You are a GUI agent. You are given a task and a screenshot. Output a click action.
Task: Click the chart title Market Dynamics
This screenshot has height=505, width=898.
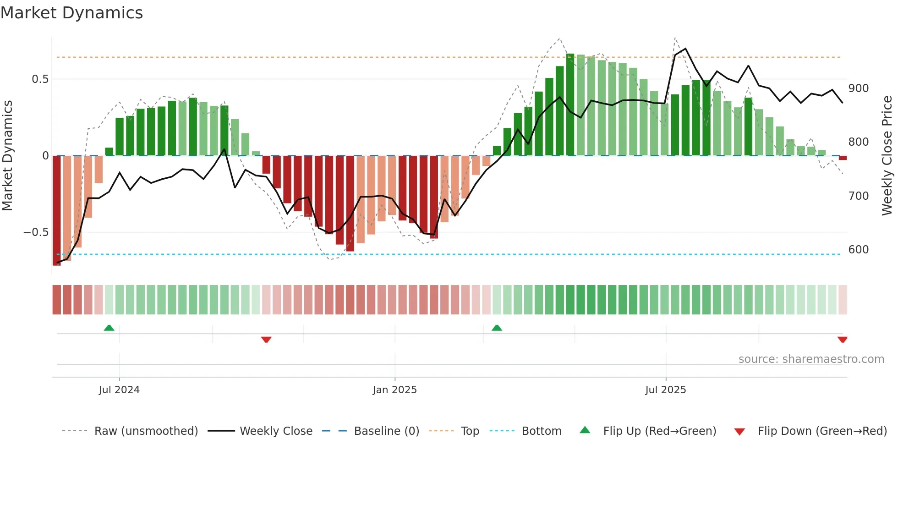pyautogui.click(x=71, y=13)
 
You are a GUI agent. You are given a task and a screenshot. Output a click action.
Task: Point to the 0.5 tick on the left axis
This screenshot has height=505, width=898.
pyautogui.click(x=40, y=79)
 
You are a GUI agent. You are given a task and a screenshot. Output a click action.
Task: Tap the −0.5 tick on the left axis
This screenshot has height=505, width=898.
pyautogui.click(x=36, y=232)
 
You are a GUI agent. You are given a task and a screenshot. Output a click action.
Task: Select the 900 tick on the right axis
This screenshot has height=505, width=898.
pyautogui.click(x=858, y=88)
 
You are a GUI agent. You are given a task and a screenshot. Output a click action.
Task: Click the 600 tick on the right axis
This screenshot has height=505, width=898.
pyautogui.click(x=858, y=250)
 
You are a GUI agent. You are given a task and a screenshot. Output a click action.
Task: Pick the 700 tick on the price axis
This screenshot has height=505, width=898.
pyautogui.click(x=858, y=196)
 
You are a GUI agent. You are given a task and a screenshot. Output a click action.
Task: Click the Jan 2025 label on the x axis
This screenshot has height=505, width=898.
pyautogui.click(x=394, y=390)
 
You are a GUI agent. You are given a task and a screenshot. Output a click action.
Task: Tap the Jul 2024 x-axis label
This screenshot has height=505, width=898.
pyautogui.click(x=119, y=390)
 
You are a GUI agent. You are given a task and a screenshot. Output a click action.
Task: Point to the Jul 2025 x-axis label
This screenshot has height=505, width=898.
pyautogui.click(x=665, y=390)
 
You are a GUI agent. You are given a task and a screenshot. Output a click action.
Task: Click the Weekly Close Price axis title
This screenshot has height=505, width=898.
pyautogui.click(x=887, y=156)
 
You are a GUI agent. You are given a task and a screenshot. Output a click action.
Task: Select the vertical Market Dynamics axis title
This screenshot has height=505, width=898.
pyautogui.click(x=7, y=156)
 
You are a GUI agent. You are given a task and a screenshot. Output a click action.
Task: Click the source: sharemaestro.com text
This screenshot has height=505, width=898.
pyautogui.click(x=811, y=359)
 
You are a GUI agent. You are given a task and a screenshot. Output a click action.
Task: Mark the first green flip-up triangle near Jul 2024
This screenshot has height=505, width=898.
pyautogui.click(x=109, y=328)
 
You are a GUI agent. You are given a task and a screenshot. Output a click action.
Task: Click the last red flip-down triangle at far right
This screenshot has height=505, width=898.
pyautogui.click(x=842, y=340)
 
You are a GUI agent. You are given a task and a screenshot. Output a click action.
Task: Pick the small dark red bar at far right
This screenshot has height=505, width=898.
pyautogui.click(x=843, y=158)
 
